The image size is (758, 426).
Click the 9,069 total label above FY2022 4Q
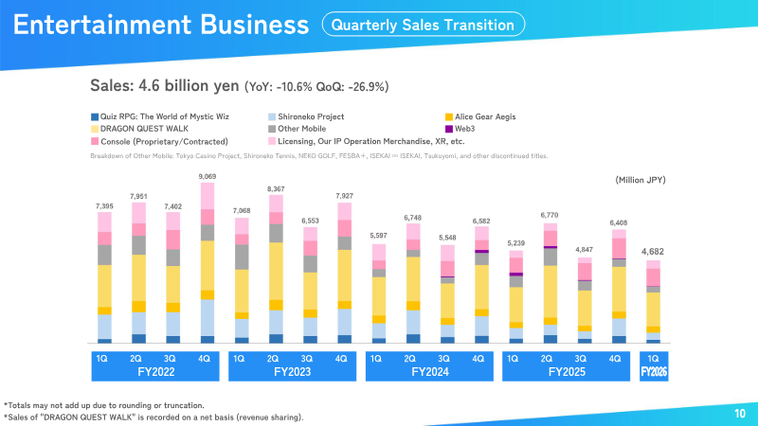(x=208, y=175)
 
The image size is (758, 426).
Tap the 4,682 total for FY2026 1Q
(x=653, y=252)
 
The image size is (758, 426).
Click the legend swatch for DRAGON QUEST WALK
(x=94, y=128)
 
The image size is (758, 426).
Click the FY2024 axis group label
(x=426, y=372)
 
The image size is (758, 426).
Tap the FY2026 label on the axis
(x=653, y=372)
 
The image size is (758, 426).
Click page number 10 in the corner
(x=740, y=414)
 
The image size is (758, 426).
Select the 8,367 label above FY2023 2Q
(x=276, y=189)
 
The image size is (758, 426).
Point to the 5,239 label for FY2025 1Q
(x=515, y=242)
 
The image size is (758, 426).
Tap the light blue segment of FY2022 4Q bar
(x=208, y=317)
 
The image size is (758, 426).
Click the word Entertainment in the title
(x=98, y=26)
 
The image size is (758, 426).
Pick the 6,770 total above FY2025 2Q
(x=550, y=215)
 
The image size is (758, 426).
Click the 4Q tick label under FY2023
(x=341, y=359)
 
